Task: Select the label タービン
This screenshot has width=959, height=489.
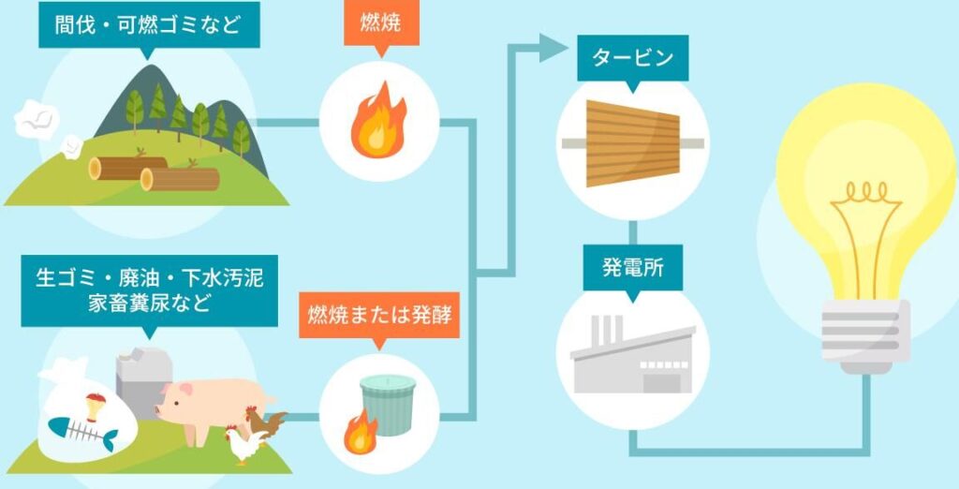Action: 632,59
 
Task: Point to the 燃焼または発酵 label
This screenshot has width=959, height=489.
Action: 379,314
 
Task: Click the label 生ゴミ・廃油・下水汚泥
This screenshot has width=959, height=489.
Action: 149,279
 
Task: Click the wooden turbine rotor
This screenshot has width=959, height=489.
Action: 632,142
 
